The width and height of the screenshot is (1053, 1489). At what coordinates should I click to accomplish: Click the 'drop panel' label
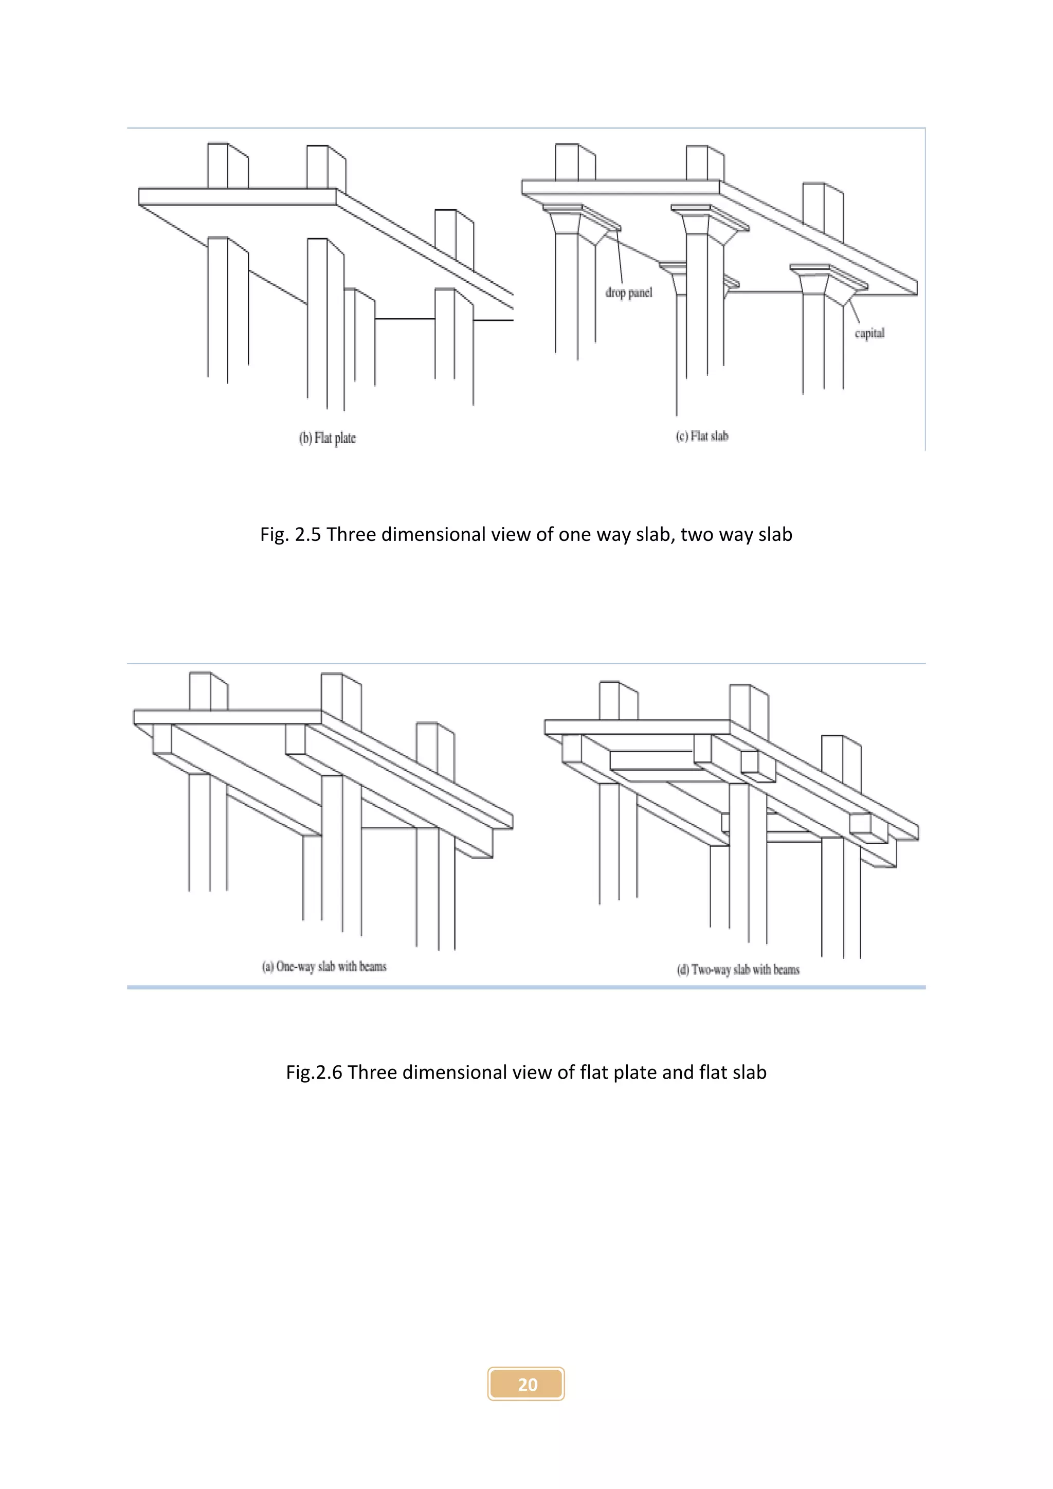click(x=628, y=293)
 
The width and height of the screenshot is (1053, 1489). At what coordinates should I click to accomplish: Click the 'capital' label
click(x=869, y=333)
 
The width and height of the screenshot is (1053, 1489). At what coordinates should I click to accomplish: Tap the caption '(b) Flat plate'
click(x=328, y=439)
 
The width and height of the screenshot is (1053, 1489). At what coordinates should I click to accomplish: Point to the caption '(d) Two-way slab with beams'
click(x=738, y=970)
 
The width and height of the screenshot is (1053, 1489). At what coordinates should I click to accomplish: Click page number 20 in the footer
click(x=526, y=1385)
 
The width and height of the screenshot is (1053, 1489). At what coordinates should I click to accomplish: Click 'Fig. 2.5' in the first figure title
click(x=291, y=534)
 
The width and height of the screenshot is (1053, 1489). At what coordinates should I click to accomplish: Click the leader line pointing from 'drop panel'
click(x=619, y=260)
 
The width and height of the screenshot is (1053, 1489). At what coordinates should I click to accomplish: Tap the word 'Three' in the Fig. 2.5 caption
click(x=351, y=534)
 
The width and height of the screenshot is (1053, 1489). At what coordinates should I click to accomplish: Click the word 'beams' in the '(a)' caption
click(x=373, y=966)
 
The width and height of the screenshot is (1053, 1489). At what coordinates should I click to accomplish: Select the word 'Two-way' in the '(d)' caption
click(x=711, y=970)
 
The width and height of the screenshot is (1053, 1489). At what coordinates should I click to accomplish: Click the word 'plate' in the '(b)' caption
click(x=345, y=439)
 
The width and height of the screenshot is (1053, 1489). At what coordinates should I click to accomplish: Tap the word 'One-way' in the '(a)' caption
click(x=295, y=966)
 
